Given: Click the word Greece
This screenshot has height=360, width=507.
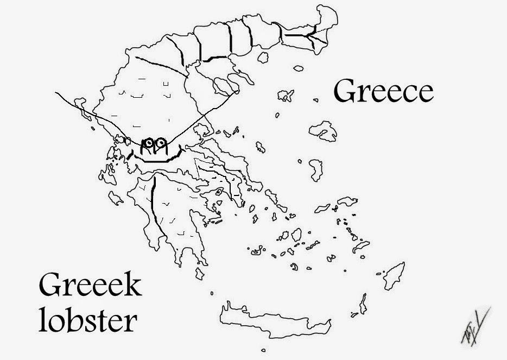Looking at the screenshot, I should pos(383,91).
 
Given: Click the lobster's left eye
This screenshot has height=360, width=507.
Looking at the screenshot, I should pos(147,143).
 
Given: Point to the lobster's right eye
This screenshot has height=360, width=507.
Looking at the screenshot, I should pos(160,143).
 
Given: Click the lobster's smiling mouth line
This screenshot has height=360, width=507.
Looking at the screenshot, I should pos(160,158).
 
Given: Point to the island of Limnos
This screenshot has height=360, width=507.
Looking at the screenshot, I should pos(284,96).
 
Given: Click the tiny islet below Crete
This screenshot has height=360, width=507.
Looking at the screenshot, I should pos(263,350).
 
